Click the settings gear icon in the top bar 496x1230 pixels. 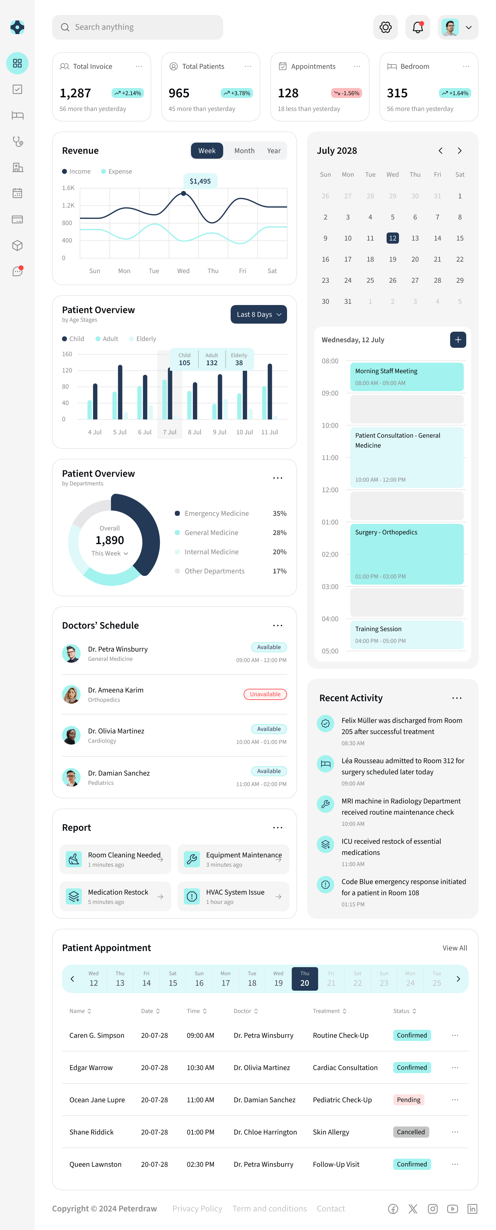(385, 27)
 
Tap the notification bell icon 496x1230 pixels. (417, 27)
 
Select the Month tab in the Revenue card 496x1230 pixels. (244, 150)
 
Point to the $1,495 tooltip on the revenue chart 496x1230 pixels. (200, 181)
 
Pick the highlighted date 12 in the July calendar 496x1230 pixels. (392, 238)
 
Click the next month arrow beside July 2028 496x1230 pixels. (459, 150)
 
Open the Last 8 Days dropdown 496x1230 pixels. (258, 314)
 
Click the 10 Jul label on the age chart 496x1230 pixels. (244, 431)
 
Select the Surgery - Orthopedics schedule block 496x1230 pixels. (406, 554)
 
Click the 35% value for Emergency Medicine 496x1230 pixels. (279, 513)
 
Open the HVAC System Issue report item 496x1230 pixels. (233, 896)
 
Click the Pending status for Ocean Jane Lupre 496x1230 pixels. (408, 1099)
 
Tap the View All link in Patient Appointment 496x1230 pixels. (454, 948)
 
